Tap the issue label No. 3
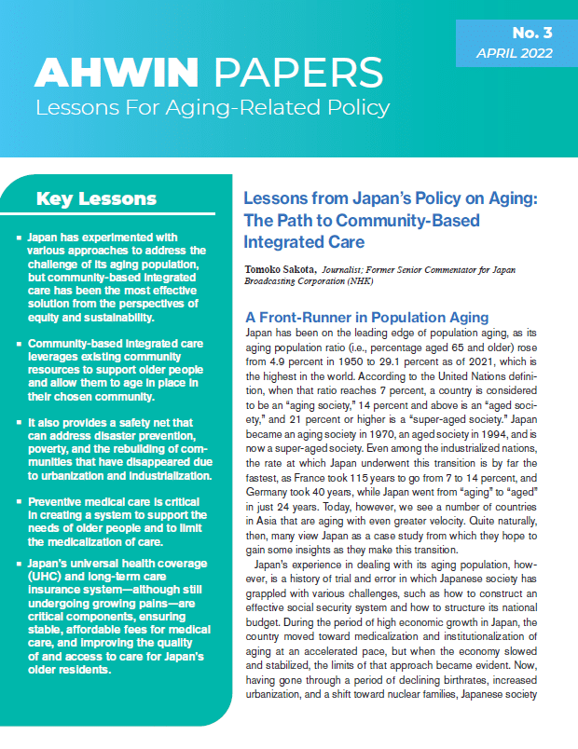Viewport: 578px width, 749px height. [531, 33]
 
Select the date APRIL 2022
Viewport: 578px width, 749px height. [514, 54]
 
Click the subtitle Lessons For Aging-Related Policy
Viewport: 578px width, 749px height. [213, 108]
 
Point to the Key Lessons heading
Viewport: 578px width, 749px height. [95, 198]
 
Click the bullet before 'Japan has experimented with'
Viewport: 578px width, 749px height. [19, 238]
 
